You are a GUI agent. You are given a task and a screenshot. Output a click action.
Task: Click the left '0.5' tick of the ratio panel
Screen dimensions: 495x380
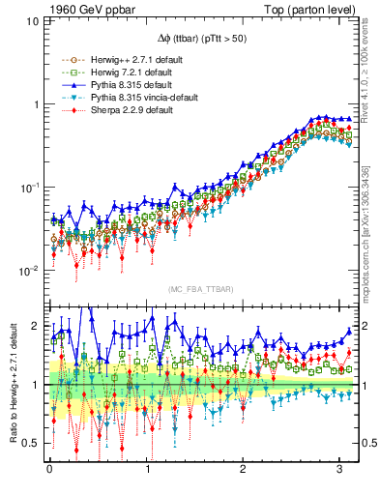(x=31, y=443)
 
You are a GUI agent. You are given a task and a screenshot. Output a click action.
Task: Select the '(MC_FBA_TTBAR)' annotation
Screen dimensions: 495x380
(x=198, y=289)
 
